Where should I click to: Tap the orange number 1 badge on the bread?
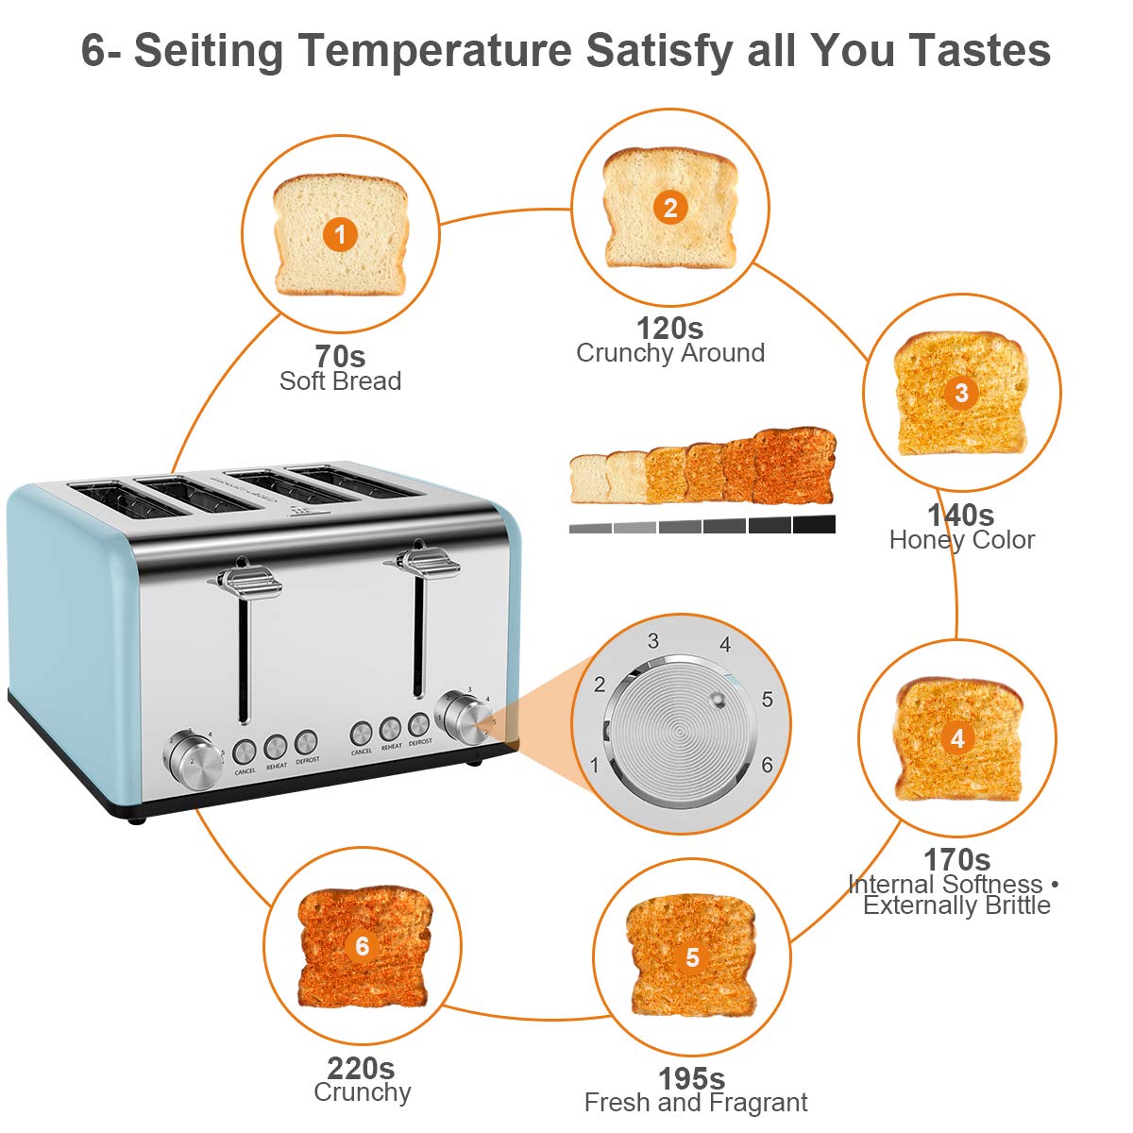(340, 234)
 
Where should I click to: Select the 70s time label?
(340, 357)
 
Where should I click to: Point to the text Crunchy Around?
(670, 353)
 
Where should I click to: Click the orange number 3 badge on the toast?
(961, 393)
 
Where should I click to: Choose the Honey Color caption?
(961, 540)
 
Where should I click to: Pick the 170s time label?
(956, 859)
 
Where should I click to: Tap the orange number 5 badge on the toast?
(692, 958)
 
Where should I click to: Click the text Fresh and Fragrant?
(696, 1103)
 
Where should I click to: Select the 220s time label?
(361, 1068)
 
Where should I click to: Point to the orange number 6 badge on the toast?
(363, 945)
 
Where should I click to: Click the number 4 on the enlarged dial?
(725, 645)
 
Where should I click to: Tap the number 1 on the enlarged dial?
(595, 765)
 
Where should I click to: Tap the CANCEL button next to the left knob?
(245, 752)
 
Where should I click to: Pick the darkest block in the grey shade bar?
(814, 524)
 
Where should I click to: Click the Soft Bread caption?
(340, 381)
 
